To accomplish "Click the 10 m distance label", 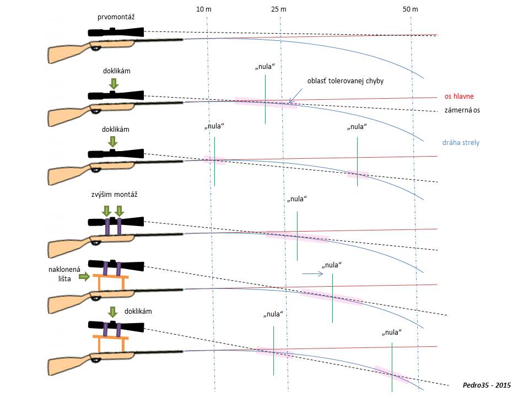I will click(204, 9).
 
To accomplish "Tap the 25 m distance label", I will click(279, 9).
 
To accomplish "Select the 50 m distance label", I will click(410, 9).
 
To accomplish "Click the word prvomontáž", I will click(116, 18).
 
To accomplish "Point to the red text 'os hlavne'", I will click(459, 96).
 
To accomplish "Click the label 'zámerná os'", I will click(462, 110).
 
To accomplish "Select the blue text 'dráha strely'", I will click(461, 142).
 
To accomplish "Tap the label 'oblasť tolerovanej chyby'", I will click(345, 81).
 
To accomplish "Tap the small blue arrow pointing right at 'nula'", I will click(311, 273).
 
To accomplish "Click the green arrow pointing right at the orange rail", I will click(85, 277).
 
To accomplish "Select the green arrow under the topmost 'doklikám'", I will click(113, 84).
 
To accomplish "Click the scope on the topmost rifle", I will click(116, 33).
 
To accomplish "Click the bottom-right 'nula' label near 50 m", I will click(391, 332).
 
